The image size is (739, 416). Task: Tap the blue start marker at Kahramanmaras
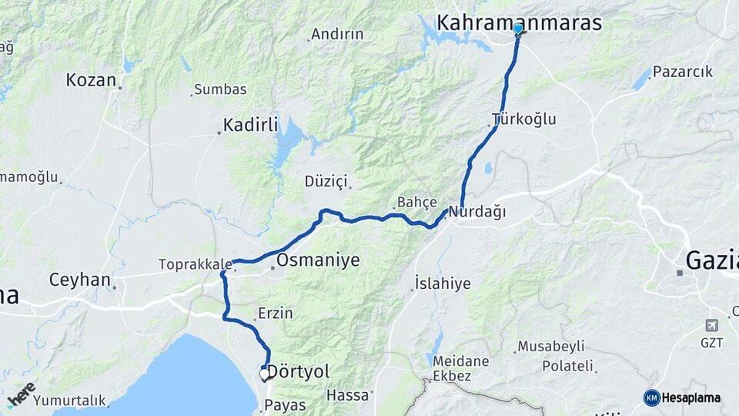(517, 29)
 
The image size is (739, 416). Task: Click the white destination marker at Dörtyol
(264, 374)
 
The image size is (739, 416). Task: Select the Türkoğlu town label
(523, 119)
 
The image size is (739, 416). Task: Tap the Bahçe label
(416, 203)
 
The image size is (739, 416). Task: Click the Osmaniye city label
(317, 260)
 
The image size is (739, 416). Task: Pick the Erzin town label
(276, 314)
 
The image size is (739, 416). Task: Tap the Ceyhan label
(80, 280)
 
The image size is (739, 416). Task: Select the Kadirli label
(250, 125)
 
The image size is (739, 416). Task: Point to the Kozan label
(91, 80)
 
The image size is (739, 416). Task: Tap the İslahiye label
(443, 283)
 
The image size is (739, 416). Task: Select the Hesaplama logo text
(691, 398)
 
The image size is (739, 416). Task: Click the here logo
(22, 394)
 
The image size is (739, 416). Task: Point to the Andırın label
(336, 35)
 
